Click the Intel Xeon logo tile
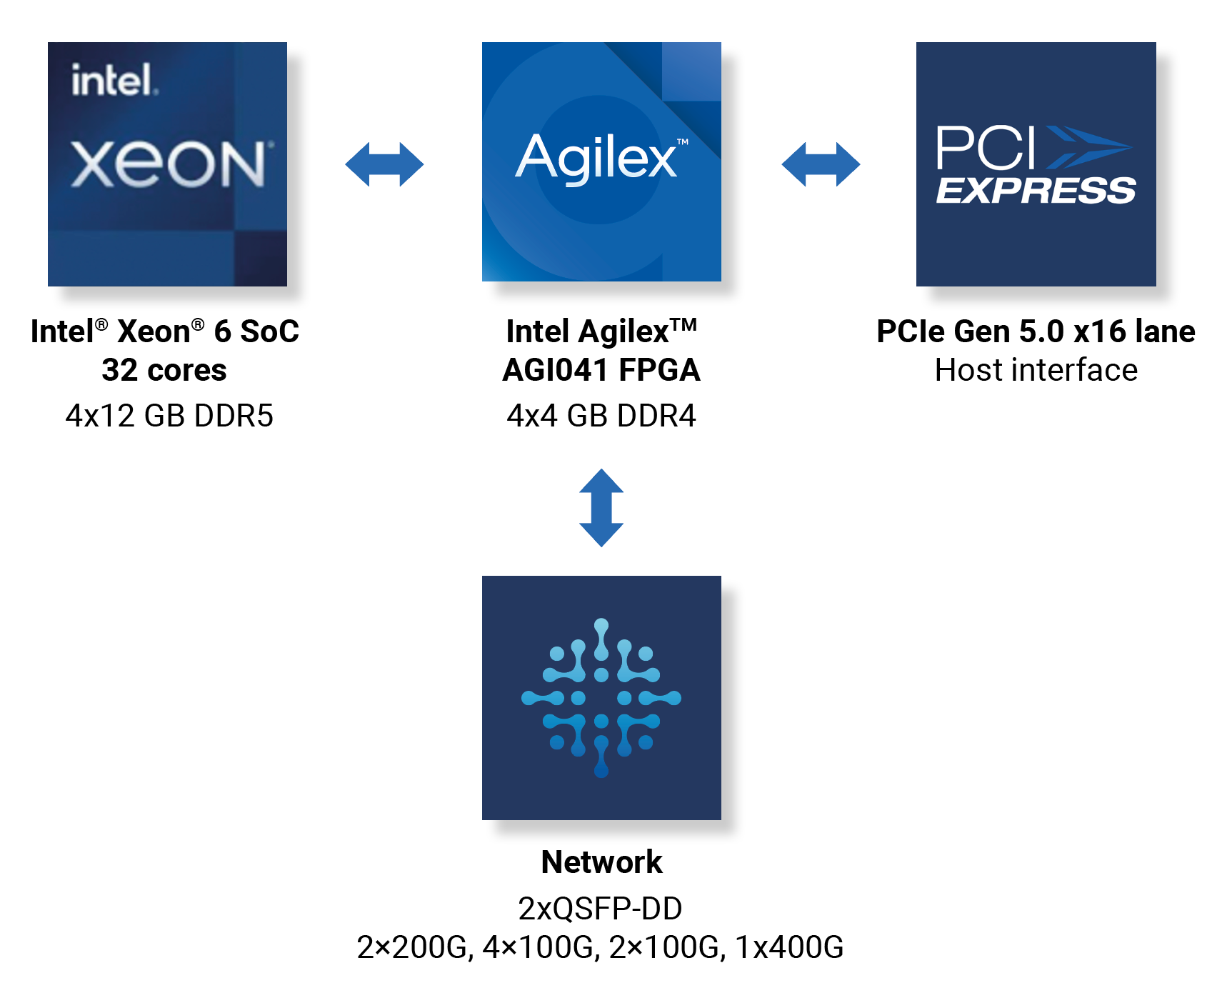(x=167, y=164)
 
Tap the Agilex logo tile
(x=601, y=161)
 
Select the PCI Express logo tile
(x=1036, y=164)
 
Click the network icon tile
(x=601, y=697)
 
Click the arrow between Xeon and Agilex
(x=384, y=164)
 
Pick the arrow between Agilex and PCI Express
(x=821, y=164)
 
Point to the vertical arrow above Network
(x=601, y=508)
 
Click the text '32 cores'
(x=164, y=370)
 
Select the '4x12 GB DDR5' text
(x=169, y=416)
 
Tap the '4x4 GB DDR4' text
(x=601, y=416)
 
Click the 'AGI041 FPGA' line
(x=601, y=370)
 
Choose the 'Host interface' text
(x=1036, y=370)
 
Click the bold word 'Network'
(x=601, y=862)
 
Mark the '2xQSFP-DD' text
(x=600, y=909)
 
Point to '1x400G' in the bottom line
(x=789, y=947)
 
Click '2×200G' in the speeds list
(x=414, y=947)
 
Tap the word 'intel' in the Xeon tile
(x=113, y=80)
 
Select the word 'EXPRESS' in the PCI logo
(x=1036, y=191)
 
